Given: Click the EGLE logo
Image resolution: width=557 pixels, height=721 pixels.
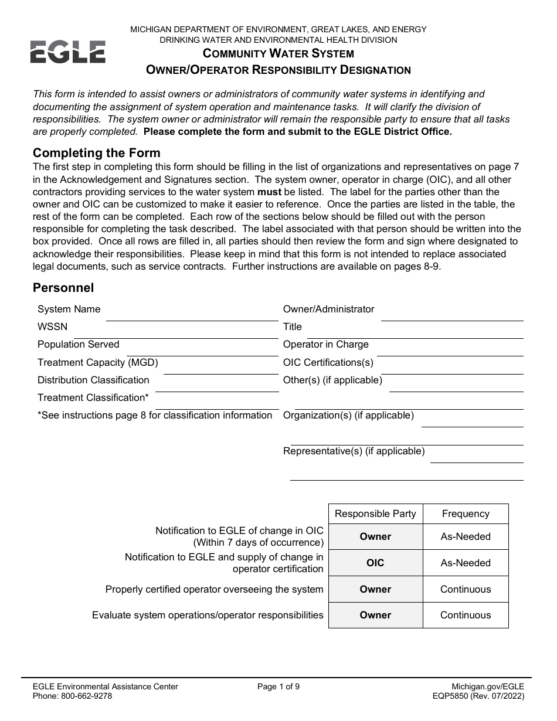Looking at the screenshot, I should click(x=68, y=52).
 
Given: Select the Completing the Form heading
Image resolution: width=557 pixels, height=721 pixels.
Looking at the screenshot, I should click(x=96, y=153).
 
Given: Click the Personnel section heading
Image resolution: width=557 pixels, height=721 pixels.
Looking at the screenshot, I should click(x=63, y=288).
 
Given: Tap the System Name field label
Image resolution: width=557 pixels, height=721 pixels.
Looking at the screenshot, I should click(x=69, y=309).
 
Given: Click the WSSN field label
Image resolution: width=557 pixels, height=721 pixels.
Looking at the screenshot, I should click(x=52, y=327).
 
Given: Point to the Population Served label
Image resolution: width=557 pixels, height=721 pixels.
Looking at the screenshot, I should click(x=78, y=344).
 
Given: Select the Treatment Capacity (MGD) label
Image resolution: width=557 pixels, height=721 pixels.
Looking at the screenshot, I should click(x=97, y=362).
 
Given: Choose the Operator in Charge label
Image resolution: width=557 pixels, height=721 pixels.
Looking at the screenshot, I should click(x=325, y=344).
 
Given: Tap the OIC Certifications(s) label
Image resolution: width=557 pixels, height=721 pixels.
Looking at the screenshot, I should click(x=328, y=362).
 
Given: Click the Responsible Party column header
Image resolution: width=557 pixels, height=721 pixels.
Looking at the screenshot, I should click(x=375, y=513).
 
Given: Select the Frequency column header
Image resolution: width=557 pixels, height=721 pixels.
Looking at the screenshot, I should click(x=466, y=513).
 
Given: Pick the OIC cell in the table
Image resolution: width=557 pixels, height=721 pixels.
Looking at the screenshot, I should click(x=375, y=563).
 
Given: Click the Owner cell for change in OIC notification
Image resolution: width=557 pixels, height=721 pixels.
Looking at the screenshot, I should click(x=375, y=536).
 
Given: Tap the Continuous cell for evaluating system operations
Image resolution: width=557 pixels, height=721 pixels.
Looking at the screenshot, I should click(x=466, y=615).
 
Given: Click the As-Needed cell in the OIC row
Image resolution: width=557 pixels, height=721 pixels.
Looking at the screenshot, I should click(x=466, y=563).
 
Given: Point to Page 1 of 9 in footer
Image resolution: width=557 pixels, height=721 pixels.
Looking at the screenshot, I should click(x=278, y=686).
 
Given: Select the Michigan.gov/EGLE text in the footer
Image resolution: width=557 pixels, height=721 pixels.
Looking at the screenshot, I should click(x=488, y=686).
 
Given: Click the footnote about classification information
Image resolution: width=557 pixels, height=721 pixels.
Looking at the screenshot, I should click(x=155, y=415).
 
